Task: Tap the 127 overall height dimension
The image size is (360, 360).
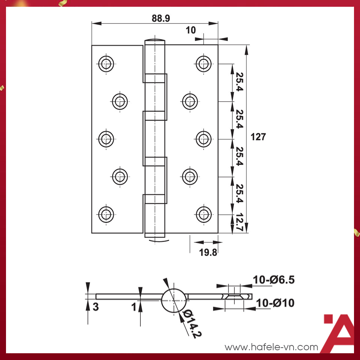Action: [258, 137]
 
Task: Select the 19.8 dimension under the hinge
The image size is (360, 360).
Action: [208, 252]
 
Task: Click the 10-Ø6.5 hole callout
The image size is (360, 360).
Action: [274, 280]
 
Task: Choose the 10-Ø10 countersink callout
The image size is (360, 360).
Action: [276, 303]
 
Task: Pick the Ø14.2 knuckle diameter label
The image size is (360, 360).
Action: [189, 324]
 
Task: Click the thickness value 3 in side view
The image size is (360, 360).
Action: [96, 307]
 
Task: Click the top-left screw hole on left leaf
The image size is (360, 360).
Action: [106, 63]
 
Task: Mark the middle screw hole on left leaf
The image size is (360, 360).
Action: [106, 139]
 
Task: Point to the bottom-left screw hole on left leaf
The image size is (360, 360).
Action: [106, 214]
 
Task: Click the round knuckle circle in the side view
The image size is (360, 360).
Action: [174, 301]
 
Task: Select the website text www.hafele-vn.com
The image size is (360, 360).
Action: [271, 347]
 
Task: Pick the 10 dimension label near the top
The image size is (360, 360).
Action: [191, 30]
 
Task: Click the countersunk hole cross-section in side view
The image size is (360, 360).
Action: [235, 296]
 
